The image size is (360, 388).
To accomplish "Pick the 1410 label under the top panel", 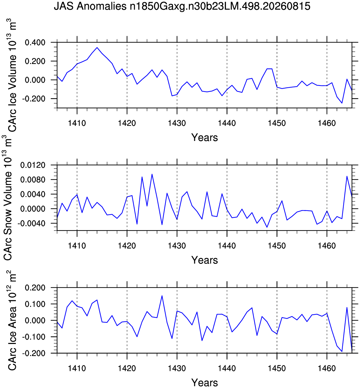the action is coord(77,123).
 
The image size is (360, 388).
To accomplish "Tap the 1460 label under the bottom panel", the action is coord(327,368).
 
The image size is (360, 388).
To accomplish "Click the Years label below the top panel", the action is coord(204,137).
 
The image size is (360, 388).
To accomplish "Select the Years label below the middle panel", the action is coord(204,260).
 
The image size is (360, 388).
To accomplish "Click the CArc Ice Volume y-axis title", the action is coord(12,75).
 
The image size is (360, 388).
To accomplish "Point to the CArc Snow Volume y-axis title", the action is coord(7,197).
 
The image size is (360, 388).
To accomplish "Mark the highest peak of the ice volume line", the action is coord(97,48).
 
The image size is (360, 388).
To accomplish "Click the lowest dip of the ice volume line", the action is coord(342,103).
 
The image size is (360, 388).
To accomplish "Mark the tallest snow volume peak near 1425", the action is coord(152,174).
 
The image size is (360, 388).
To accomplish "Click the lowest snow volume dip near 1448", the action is coord(267,227).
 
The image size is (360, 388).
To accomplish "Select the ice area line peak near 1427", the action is coord(162,296).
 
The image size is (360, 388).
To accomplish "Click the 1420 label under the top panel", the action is coord(127,123).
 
